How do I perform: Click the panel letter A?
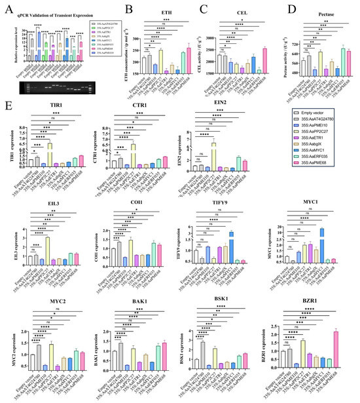7,9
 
